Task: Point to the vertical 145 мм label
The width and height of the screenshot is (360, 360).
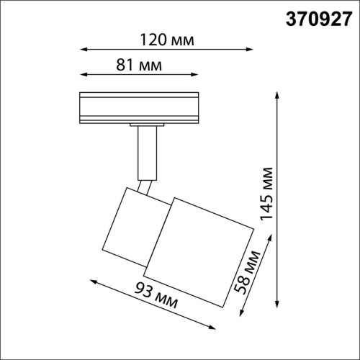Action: tap(267, 193)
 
